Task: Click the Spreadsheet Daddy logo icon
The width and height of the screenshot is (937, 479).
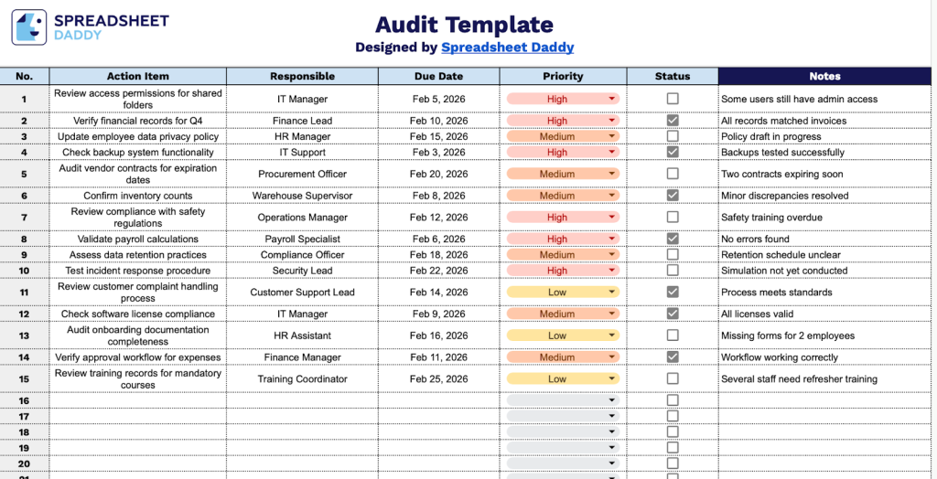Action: [x=28, y=27]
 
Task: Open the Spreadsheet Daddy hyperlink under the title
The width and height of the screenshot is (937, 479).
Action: [x=507, y=48]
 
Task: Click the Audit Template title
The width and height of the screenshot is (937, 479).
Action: [x=465, y=25]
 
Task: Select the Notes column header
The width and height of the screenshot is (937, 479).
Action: [x=824, y=76]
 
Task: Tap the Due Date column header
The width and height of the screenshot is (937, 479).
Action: [x=438, y=76]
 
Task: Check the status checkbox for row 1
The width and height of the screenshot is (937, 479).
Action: [x=673, y=99]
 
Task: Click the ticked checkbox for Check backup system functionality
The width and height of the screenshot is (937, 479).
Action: [x=673, y=152]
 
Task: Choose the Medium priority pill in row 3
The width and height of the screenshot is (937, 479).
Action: [x=557, y=136]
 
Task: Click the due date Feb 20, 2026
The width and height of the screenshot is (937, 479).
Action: [x=438, y=174]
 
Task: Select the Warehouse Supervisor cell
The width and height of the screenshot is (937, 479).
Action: [x=302, y=196]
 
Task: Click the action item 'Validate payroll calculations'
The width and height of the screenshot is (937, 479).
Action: [x=137, y=239]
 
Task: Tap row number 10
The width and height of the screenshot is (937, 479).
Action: [x=24, y=271]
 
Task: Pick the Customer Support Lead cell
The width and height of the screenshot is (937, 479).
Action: [x=302, y=293]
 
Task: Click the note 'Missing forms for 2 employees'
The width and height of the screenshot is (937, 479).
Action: [x=788, y=335]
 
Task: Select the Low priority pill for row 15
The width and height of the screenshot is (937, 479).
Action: [x=557, y=378]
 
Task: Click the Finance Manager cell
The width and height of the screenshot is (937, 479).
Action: [x=302, y=357]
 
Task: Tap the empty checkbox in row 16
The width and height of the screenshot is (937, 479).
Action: [x=673, y=400]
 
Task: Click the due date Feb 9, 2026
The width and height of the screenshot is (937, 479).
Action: [x=438, y=314]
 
